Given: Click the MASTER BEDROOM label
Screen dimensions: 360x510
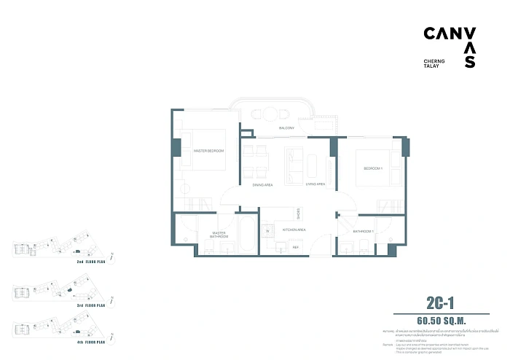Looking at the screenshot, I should point(208,151).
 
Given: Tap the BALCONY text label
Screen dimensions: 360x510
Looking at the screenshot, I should point(286,129).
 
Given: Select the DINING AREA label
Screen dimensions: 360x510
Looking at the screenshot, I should point(262,185).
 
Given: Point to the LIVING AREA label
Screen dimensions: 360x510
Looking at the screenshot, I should point(315,185).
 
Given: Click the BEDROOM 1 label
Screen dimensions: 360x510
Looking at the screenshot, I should point(374,168).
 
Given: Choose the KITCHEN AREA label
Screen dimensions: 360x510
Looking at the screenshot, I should point(294,230).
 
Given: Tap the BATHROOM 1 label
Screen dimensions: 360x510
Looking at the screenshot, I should point(363,231).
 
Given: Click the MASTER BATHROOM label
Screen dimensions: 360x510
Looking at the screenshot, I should point(219,235).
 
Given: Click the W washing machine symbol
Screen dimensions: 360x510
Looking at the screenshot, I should point(268,231).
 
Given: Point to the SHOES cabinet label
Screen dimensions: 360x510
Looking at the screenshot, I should point(299,213).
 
